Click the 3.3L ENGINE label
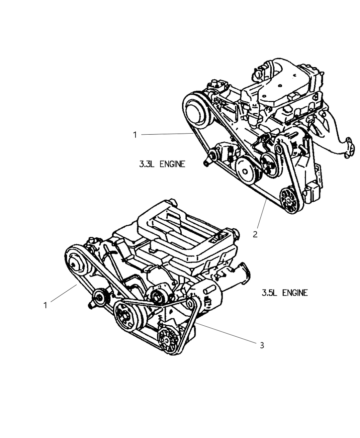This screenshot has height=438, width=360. click(x=162, y=164)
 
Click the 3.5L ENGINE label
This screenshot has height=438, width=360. click(x=284, y=293)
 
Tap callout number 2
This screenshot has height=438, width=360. click(x=255, y=235)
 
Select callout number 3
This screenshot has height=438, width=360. click(x=262, y=345)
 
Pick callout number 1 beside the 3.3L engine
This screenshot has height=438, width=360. click(x=135, y=135)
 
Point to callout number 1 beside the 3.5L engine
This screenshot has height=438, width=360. click(x=45, y=305)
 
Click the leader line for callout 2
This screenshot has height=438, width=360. click(x=262, y=213)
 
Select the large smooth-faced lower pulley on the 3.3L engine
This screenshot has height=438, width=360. click(x=246, y=170)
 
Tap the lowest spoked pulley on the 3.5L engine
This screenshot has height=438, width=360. click(x=169, y=340)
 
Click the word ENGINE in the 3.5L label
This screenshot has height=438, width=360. click(x=295, y=293)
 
